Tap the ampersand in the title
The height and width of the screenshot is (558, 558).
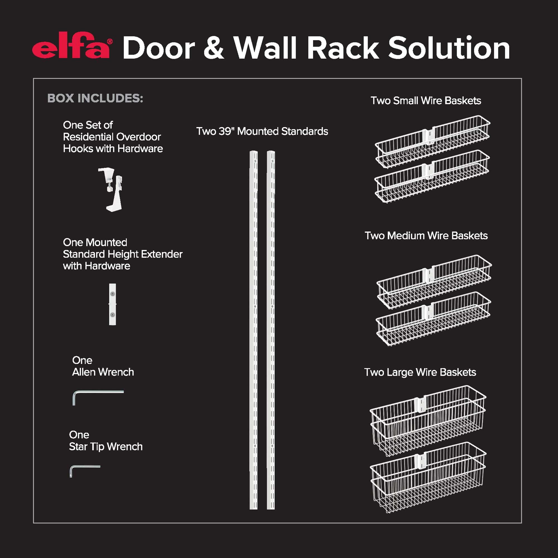[213, 48]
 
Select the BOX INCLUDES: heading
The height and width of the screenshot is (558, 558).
[95, 98]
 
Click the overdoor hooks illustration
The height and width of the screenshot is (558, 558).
[111, 189]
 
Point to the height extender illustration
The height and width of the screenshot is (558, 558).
[112, 304]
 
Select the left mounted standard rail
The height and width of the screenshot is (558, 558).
[253, 329]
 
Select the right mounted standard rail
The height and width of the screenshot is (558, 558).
[271, 329]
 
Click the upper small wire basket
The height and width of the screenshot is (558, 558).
[432, 141]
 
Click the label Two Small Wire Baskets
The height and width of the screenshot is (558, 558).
[426, 100]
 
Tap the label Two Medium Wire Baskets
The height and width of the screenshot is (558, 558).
[426, 236]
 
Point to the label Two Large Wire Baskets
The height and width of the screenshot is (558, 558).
[420, 372]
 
